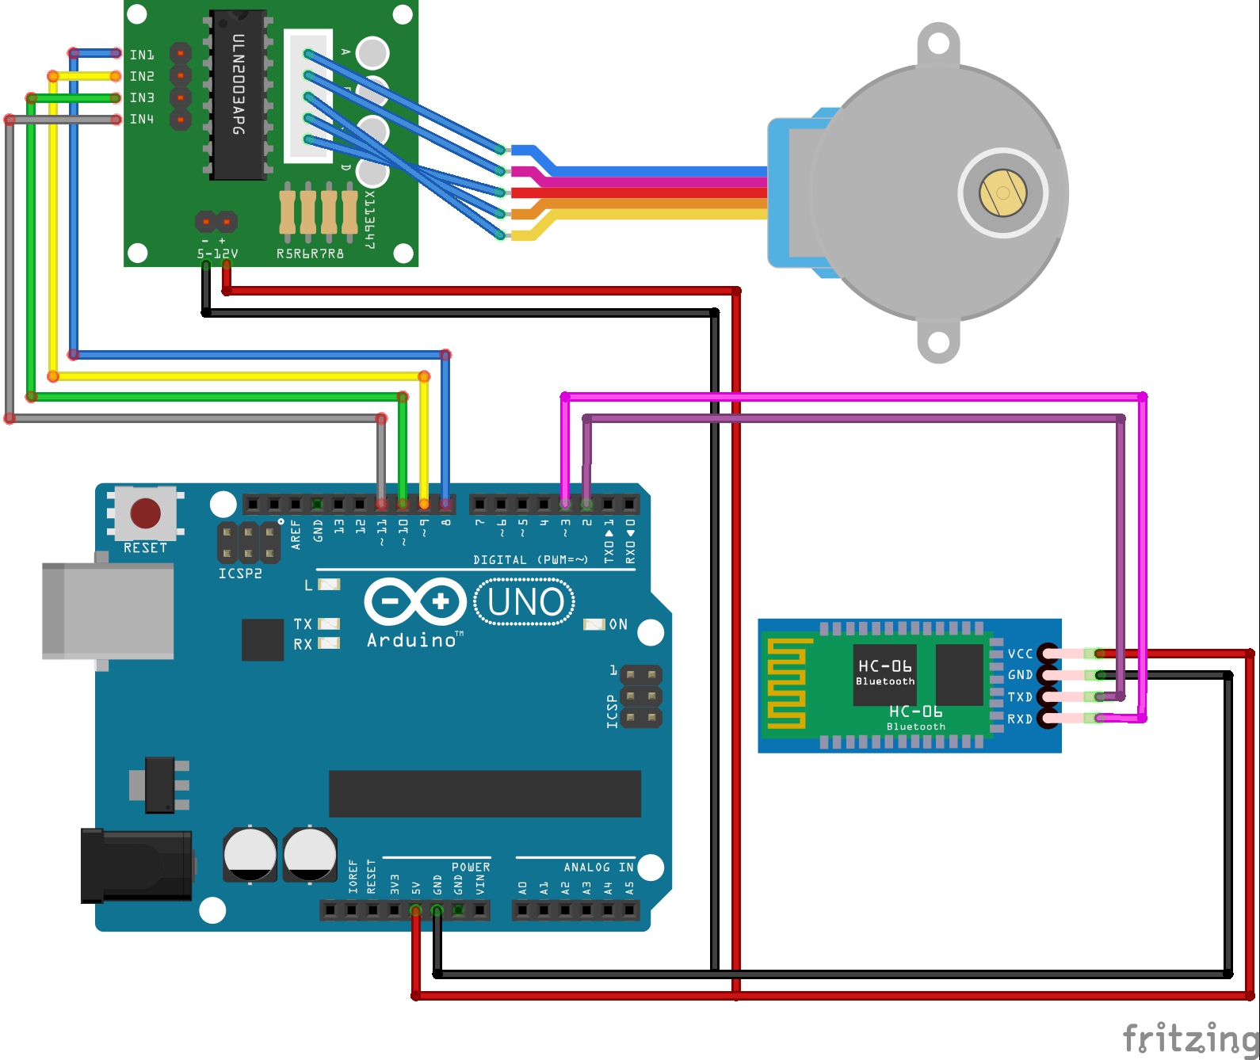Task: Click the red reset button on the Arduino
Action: (x=145, y=513)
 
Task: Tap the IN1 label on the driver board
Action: (x=142, y=55)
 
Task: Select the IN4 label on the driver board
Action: (x=142, y=119)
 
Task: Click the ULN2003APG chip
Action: (x=238, y=95)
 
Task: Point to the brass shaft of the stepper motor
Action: (x=1002, y=193)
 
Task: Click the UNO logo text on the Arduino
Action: (x=525, y=602)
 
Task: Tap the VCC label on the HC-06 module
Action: (x=1020, y=654)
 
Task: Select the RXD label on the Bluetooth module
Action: (x=1020, y=719)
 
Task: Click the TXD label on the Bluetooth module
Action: (x=1020, y=697)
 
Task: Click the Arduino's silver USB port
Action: (x=108, y=610)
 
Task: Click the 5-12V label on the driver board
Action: (x=217, y=254)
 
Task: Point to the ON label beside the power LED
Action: (x=618, y=624)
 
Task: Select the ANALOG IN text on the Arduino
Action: (x=598, y=867)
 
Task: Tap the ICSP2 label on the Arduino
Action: (x=240, y=574)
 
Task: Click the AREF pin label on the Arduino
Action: (x=296, y=535)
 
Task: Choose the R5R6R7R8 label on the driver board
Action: (x=310, y=254)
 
